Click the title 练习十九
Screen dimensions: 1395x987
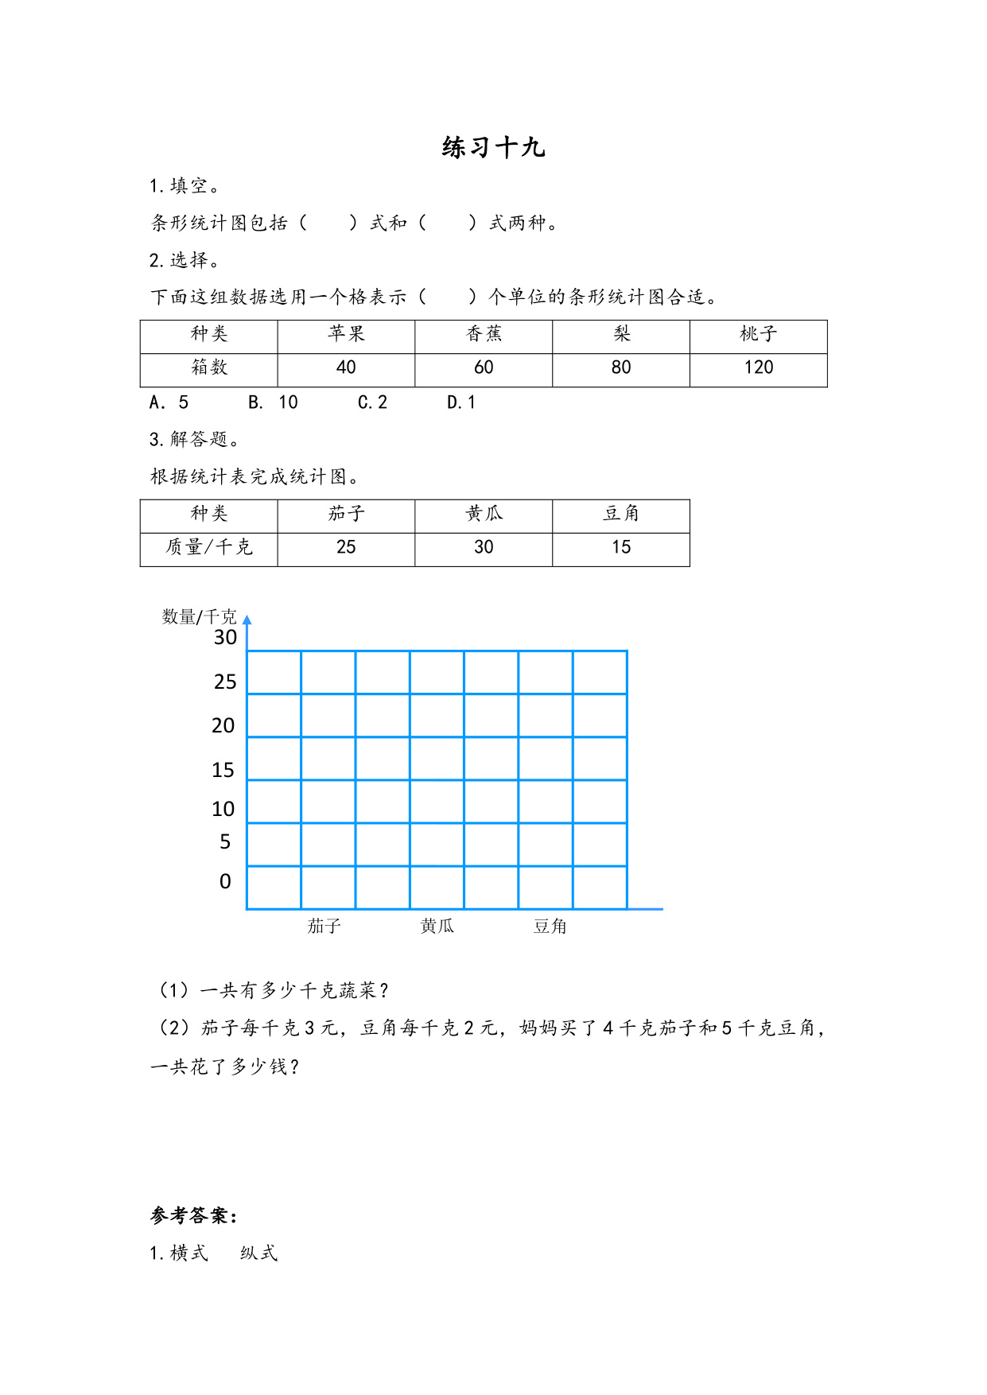coord(493,148)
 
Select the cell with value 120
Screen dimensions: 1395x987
coord(758,367)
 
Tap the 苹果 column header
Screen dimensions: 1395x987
coord(346,334)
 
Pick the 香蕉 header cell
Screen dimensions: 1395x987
coord(484,334)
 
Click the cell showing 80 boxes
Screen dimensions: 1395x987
coord(620,367)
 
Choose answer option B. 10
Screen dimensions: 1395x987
coord(273,402)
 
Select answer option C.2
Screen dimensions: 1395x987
coord(372,402)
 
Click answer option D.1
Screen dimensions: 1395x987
coord(461,402)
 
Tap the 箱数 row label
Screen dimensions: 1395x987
coord(209,367)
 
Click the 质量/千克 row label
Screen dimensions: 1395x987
coord(209,547)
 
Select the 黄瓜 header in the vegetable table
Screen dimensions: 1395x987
coord(484,514)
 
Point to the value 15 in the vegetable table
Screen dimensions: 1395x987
coord(620,547)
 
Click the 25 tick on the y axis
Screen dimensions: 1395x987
coord(225,682)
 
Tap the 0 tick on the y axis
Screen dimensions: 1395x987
coord(225,881)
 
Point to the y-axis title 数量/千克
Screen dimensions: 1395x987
coord(199,616)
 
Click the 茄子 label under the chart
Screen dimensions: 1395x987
coord(324,926)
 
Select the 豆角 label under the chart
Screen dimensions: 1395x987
coord(550,926)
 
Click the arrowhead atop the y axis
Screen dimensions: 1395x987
coord(247,620)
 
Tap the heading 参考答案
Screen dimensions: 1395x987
coord(193,1215)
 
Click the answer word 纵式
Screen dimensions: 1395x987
coord(258,1253)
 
